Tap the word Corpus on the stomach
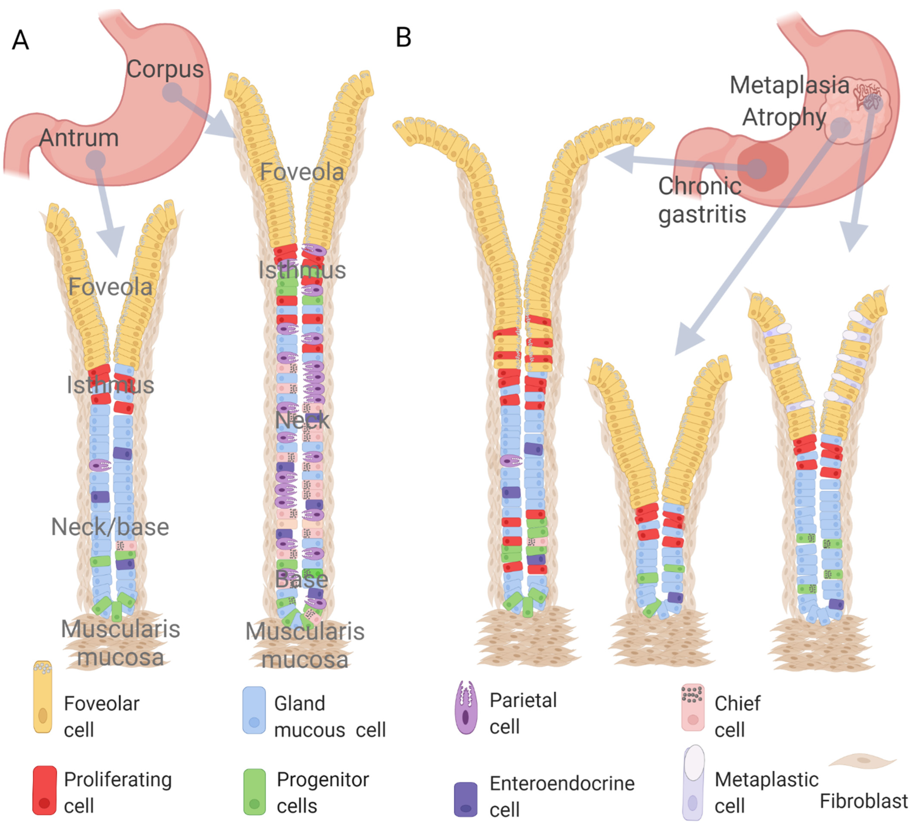(165, 69)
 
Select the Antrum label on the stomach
(79, 138)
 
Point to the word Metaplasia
(789, 85)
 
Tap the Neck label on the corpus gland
(302, 420)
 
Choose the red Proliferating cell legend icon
(44, 790)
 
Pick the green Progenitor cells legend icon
(254, 792)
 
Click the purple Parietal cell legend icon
(466, 707)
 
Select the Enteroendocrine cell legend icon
(466, 799)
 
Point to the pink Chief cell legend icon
(693, 707)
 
